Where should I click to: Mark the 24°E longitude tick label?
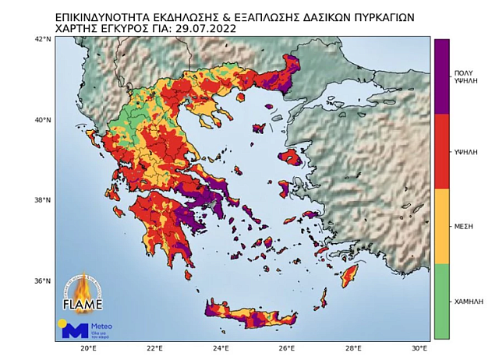(x=221, y=348)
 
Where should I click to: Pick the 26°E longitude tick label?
(x=287, y=348)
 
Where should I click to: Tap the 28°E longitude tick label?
(x=353, y=348)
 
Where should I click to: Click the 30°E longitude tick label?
(x=419, y=348)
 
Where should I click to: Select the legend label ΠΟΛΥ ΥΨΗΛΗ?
(x=465, y=76)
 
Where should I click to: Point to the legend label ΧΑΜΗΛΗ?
(x=465, y=301)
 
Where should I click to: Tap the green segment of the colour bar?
(x=441, y=301)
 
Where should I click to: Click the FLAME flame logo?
(x=80, y=292)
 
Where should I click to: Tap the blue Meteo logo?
(x=76, y=329)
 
